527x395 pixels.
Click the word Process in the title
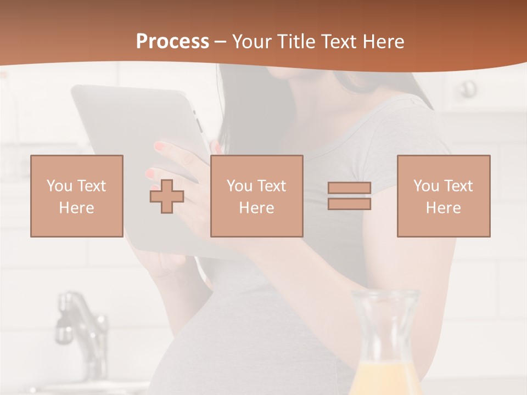172,42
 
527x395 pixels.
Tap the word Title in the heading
296,42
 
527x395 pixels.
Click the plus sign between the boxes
167,196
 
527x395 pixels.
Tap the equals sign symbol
349,196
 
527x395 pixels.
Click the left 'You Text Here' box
77,196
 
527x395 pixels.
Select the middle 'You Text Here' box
256,196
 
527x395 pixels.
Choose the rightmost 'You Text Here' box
444,196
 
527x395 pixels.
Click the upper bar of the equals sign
349,188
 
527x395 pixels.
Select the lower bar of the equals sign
349,204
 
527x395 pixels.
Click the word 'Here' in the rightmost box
444,208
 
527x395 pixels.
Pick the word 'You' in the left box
59,186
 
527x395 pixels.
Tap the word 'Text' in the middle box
271,186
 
